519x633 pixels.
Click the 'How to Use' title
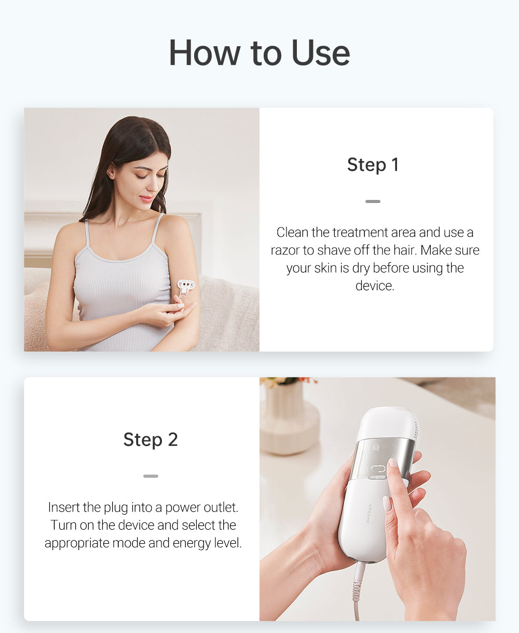tap(259, 52)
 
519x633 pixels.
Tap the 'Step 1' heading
tap(373, 165)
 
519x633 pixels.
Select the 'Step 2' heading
tap(151, 439)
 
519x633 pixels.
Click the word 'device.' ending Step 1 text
tap(375, 286)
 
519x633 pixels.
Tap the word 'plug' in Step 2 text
tap(116, 507)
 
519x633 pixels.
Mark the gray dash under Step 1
tap(373, 201)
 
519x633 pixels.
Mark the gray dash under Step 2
tap(151, 476)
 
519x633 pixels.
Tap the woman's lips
tap(146, 199)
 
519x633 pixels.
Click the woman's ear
tap(112, 172)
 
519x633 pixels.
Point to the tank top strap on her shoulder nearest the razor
tap(156, 228)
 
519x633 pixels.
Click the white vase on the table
tap(289, 421)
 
